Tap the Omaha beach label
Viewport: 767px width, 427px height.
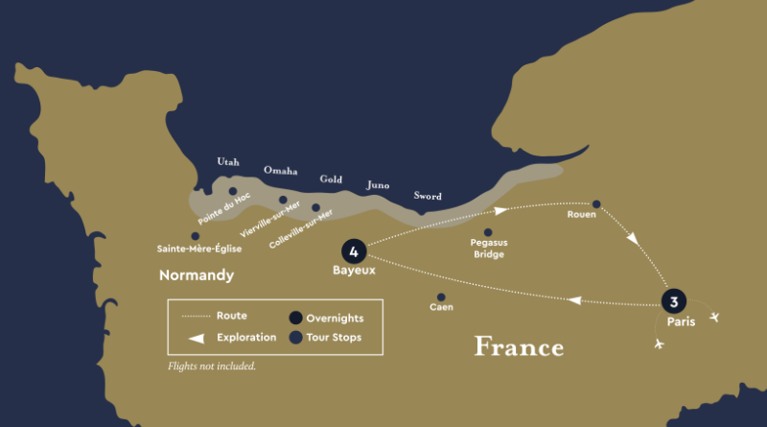click(x=280, y=171)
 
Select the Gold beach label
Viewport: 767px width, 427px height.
click(x=331, y=179)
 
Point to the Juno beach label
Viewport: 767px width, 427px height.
click(x=378, y=185)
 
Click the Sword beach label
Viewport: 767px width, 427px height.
click(x=427, y=196)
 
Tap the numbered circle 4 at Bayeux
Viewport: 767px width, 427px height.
click(x=354, y=252)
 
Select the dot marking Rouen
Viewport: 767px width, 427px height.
click(x=596, y=203)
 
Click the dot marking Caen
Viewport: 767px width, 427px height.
click(x=441, y=297)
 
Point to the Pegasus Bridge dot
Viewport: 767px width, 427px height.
click(x=488, y=232)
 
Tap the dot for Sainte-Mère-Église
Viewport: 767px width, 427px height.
click(x=196, y=236)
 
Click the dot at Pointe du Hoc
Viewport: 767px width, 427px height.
click(x=233, y=191)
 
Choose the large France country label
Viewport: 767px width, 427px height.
click(x=519, y=346)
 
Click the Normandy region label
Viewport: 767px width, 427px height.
click(x=197, y=275)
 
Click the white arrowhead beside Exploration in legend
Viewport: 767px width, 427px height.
click(x=197, y=337)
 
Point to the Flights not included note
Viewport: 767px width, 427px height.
click(x=212, y=367)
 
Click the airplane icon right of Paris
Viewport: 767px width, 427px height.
click(x=714, y=317)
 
